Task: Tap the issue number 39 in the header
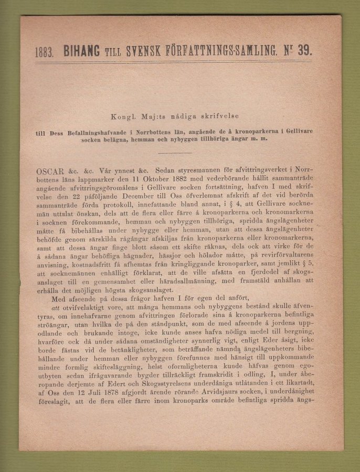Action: pyautogui.click(x=304, y=50)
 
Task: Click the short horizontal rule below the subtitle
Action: pyautogui.click(x=175, y=153)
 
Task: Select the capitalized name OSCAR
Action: pyautogui.click(x=50, y=171)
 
